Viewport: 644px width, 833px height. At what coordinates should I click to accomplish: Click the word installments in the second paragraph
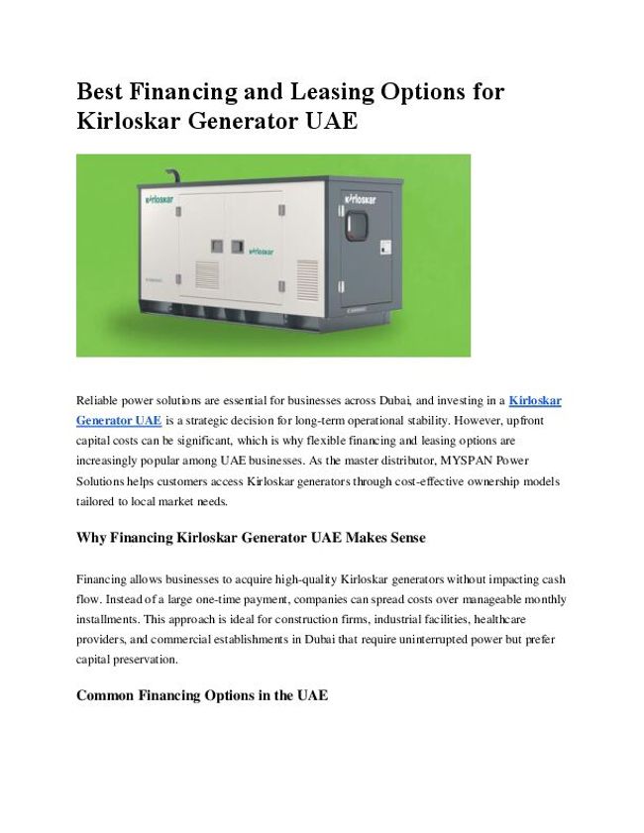tap(108, 619)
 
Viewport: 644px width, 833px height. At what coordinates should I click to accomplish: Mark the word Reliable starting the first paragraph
tap(100, 400)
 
